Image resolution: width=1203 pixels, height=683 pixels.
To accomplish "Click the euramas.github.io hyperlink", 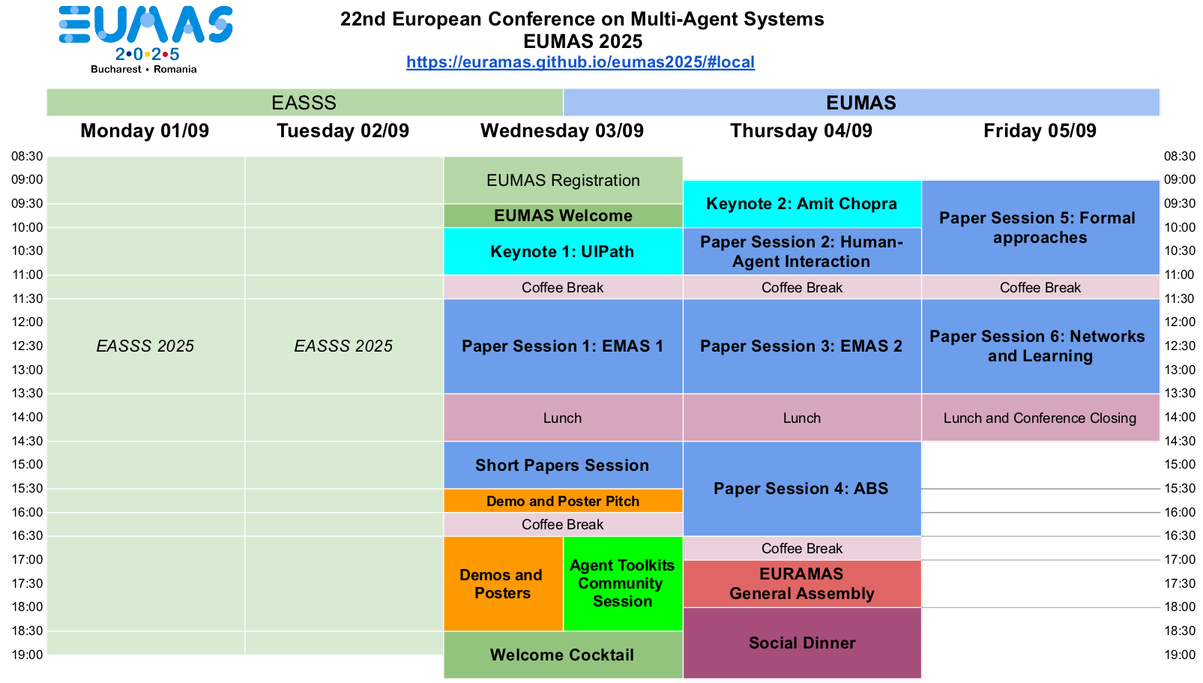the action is (x=581, y=62).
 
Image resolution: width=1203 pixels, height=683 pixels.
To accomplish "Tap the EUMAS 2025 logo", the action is (x=145, y=40).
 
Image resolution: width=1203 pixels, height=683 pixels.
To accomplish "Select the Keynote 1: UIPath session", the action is (x=563, y=251).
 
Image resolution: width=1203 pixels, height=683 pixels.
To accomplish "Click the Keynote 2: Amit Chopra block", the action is (x=802, y=204).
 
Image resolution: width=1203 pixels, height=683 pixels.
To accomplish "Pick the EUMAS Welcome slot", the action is (x=563, y=215).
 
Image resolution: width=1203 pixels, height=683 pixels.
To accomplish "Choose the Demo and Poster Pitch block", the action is (x=563, y=501).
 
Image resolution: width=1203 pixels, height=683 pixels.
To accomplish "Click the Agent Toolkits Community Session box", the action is (x=623, y=583).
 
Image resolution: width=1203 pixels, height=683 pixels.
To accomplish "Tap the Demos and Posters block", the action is (x=503, y=583).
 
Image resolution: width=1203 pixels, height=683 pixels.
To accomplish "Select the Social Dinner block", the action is (x=802, y=643).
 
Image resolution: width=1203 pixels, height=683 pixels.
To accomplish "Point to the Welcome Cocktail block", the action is (x=563, y=655).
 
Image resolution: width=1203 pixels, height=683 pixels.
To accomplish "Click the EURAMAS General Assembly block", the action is (x=802, y=584).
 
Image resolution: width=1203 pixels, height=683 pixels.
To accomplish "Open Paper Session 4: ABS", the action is (x=802, y=489).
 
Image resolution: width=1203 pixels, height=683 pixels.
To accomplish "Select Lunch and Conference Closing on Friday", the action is (x=1040, y=418).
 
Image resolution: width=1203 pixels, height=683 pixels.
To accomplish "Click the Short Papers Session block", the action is (x=563, y=465).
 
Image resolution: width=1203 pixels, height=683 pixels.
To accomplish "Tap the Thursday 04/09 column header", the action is (x=801, y=130).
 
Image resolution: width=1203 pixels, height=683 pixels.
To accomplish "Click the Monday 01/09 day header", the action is (x=145, y=130).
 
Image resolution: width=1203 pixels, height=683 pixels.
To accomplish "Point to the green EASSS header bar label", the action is (x=304, y=103).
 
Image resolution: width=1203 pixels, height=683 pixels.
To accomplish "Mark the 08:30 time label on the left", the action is (x=28, y=157).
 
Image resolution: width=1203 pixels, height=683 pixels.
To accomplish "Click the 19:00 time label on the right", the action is (x=1180, y=655).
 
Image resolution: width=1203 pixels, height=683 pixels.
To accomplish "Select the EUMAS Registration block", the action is (x=563, y=180).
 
